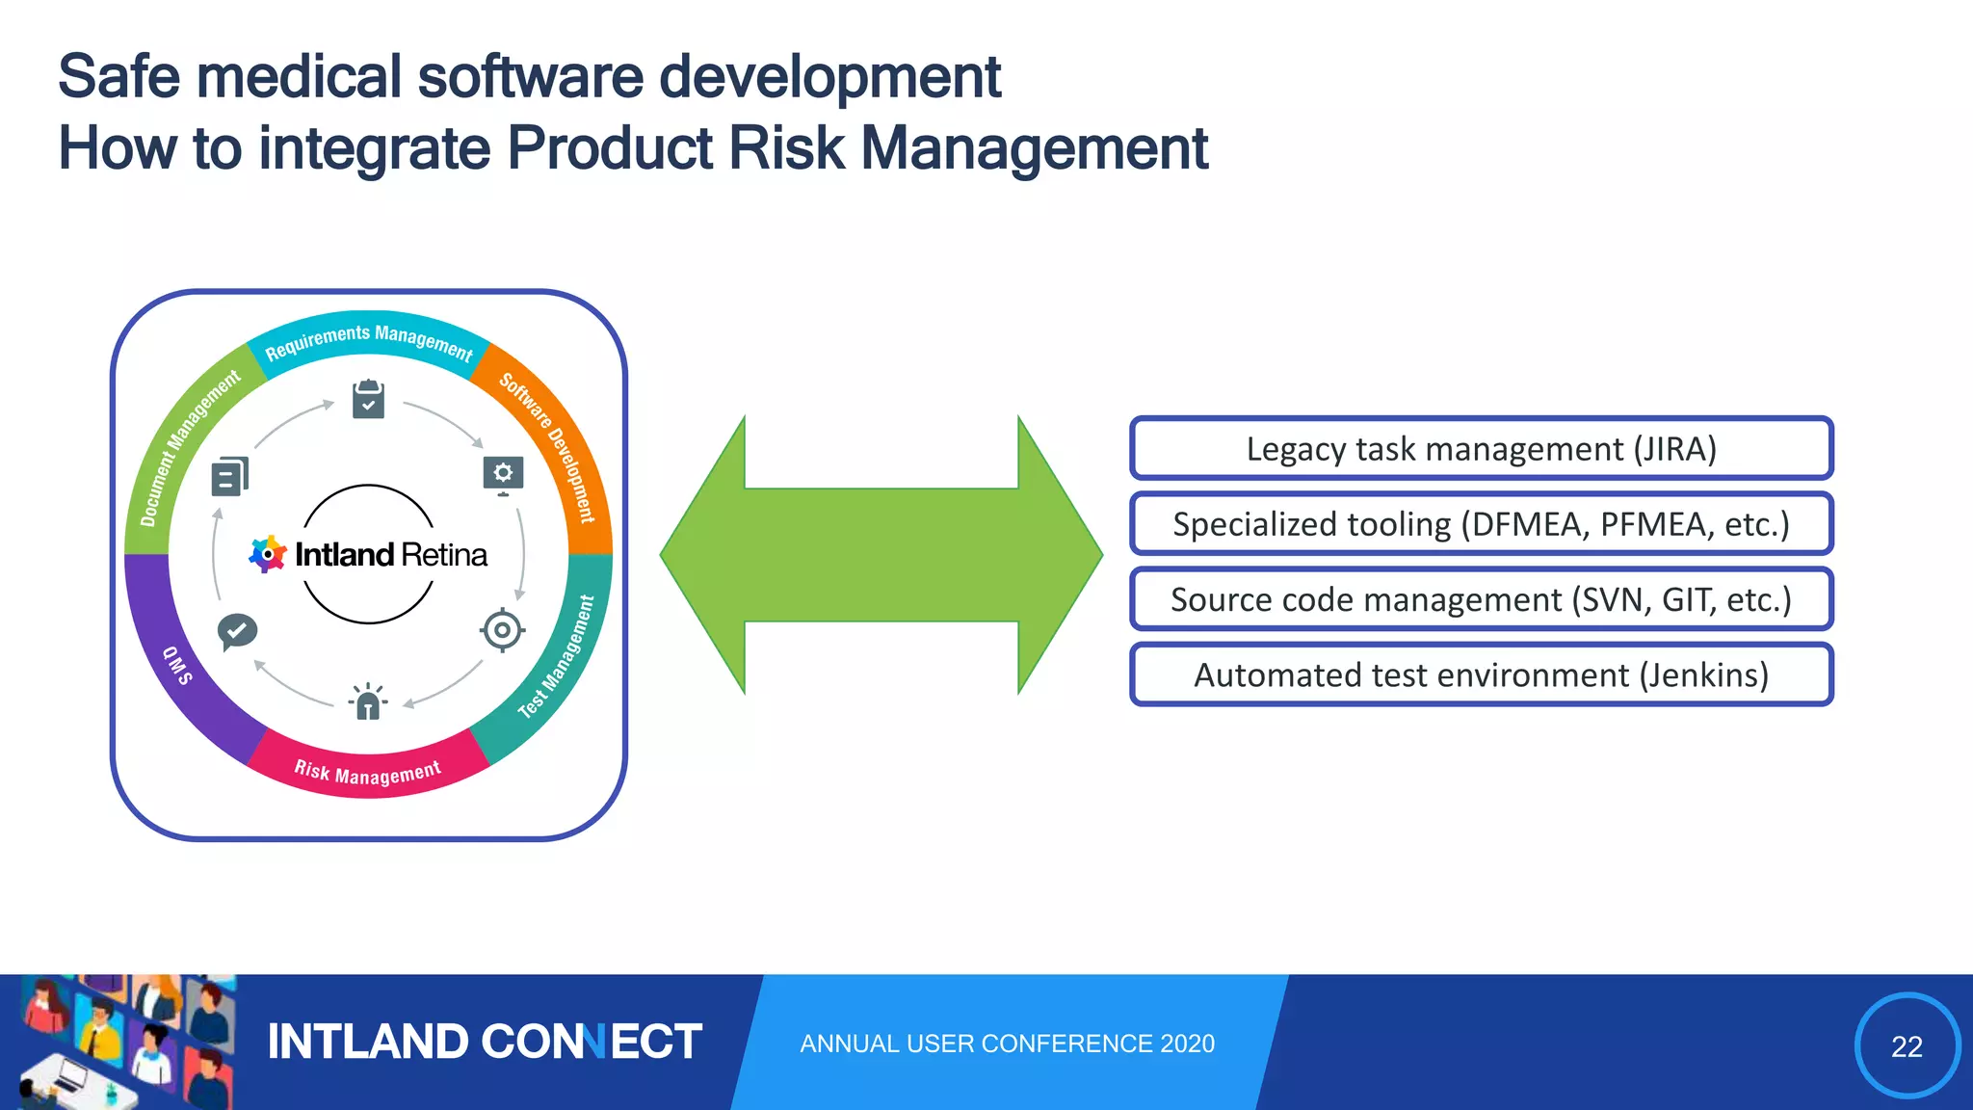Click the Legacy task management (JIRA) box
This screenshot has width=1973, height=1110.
[x=1481, y=449]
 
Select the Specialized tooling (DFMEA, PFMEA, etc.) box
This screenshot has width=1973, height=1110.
[x=1481, y=524]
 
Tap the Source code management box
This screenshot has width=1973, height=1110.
[x=1481, y=599]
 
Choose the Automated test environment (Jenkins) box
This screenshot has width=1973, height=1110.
[x=1481, y=674]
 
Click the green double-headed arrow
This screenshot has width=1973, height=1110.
[x=881, y=555]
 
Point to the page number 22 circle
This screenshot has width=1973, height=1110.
[x=1907, y=1045]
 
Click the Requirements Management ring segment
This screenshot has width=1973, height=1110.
[x=369, y=338]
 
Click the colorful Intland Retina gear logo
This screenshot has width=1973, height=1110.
[x=267, y=555]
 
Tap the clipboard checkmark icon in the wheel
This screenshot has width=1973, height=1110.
[x=368, y=399]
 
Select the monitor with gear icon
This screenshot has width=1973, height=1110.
[x=503, y=475]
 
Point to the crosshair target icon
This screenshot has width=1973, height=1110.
[x=502, y=631]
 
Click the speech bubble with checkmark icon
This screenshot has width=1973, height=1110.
[x=236, y=632]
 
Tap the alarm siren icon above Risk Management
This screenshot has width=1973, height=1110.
[x=368, y=701]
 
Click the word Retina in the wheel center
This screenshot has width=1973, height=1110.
[x=444, y=555]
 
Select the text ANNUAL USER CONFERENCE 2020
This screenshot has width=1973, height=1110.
[x=1007, y=1044]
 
